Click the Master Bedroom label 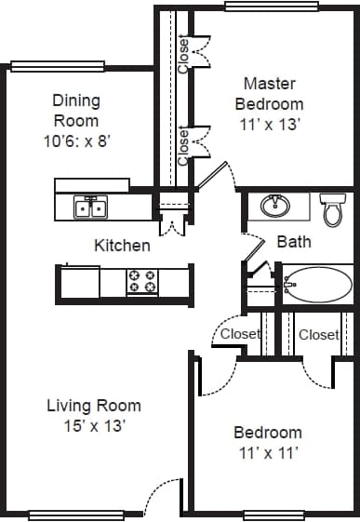coord(268,93)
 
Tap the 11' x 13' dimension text coord(269,124)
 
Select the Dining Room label coord(75,110)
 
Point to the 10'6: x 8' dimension coord(76,141)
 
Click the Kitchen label coord(122,246)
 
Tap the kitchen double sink coord(89,206)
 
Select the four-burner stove coord(145,280)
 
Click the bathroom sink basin coord(273,205)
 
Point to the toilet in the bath coord(332,210)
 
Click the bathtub coord(317,284)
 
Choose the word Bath coord(294,242)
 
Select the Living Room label coord(94,406)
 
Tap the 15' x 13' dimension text coord(94,426)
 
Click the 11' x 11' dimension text coord(267,453)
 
